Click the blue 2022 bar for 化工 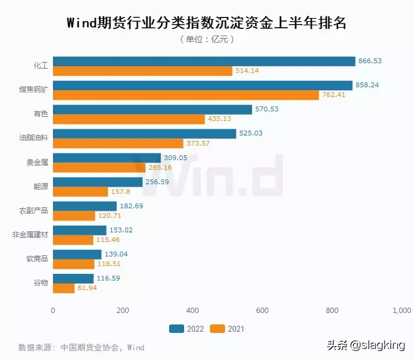(204, 61)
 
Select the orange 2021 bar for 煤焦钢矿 (186, 95)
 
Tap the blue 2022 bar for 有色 (152, 110)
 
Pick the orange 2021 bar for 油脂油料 (118, 143)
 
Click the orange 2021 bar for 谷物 (64, 288)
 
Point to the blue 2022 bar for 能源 (97, 182)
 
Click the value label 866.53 (370, 61)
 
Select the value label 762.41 (334, 95)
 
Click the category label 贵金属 (37, 163)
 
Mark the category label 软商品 (37, 259)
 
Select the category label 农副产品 (34, 211)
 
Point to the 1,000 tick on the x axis (401, 311)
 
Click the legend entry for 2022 (187, 329)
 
